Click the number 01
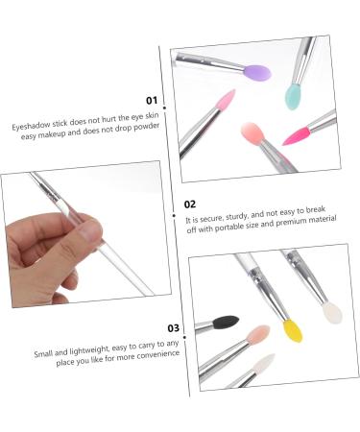(151, 100)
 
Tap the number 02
(190, 204)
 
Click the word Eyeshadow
(34, 125)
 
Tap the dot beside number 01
(168, 100)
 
